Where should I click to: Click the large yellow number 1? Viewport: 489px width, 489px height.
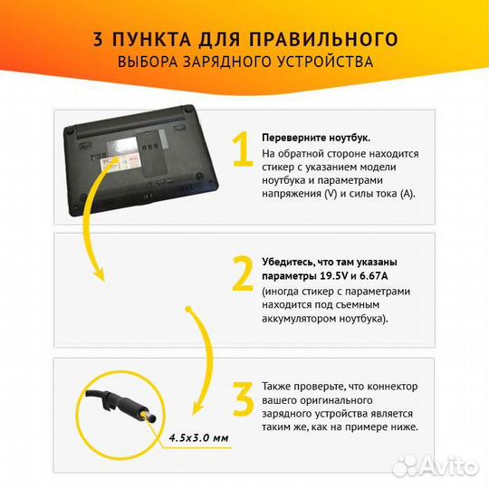click(241, 150)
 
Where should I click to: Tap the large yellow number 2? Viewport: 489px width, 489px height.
click(242, 273)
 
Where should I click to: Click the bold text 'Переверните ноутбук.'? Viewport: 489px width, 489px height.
click(315, 137)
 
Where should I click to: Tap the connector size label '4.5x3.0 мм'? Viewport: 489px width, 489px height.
click(198, 439)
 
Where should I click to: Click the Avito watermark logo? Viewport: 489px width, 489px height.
click(446, 465)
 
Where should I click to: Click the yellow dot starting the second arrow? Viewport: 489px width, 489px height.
click(189, 310)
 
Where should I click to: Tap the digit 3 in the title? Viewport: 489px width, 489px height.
click(97, 39)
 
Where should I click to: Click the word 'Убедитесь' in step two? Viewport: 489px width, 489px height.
click(288, 261)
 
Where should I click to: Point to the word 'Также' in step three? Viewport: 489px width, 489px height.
click(277, 385)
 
